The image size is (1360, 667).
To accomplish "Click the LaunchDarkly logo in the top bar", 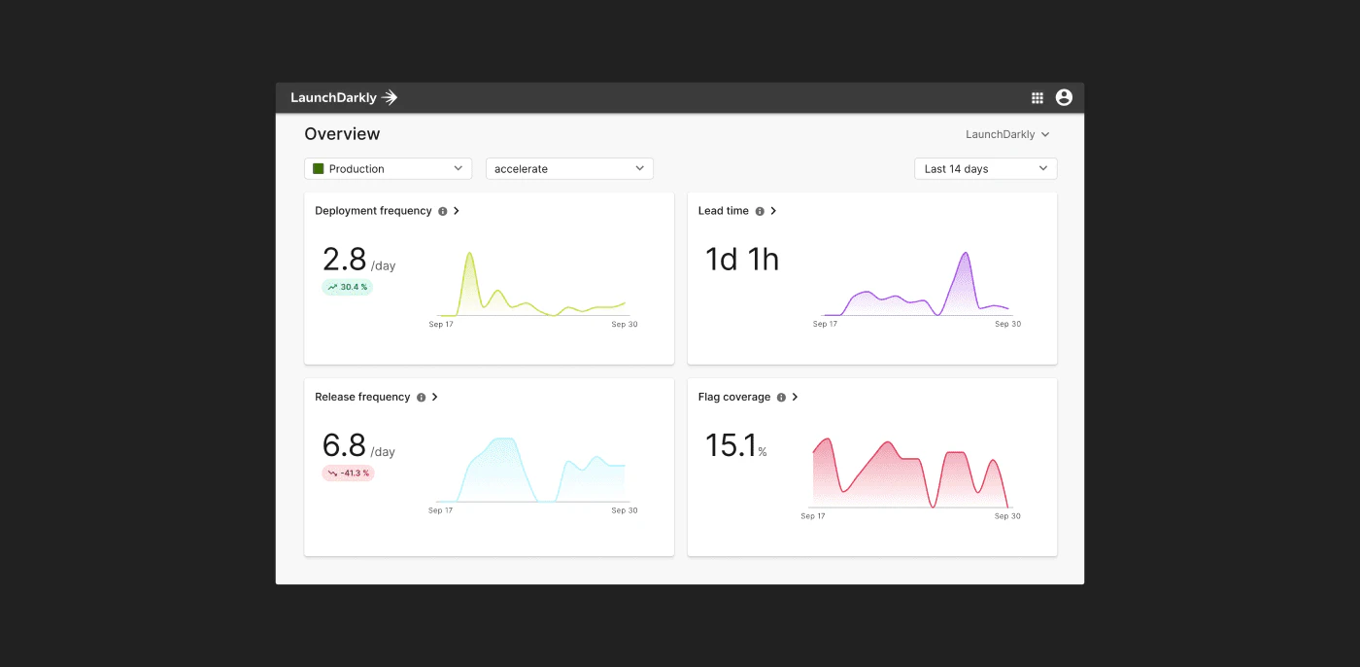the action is click(x=344, y=97).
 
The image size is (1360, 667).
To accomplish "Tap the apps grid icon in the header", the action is click(x=1037, y=98).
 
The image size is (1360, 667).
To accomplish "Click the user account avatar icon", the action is click(x=1064, y=97).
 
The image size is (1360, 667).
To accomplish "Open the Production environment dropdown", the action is click(x=388, y=168).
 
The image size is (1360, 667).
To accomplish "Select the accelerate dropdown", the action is click(x=569, y=168).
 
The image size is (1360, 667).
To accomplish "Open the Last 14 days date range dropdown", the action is click(x=985, y=168).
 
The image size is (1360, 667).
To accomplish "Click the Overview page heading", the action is click(x=342, y=133).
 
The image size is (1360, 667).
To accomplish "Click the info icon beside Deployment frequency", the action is click(x=443, y=211).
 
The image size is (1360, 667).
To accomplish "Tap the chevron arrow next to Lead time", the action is click(x=773, y=211).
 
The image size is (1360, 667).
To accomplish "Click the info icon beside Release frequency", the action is click(x=421, y=398).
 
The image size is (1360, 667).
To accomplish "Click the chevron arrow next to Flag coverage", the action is click(x=795, y=397).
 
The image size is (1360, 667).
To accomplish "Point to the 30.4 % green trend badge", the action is click(x=348, y=287).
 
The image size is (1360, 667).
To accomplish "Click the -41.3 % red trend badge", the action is click(x=348, y=473).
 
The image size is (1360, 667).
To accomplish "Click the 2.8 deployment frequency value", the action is click(x=344, y=260).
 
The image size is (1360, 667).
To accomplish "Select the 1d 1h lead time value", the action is click(x=742, y=260).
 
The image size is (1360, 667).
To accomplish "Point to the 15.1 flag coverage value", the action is click(x=731, y=445).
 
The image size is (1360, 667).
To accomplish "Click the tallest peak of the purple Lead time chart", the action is click(x=966, y=253).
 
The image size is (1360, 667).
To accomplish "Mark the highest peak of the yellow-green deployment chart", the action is click(x=469, y=253).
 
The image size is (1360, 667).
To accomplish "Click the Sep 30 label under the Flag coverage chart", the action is click(x=1007, y=515).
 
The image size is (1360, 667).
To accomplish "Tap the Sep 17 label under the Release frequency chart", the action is click(x=440, y=510).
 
